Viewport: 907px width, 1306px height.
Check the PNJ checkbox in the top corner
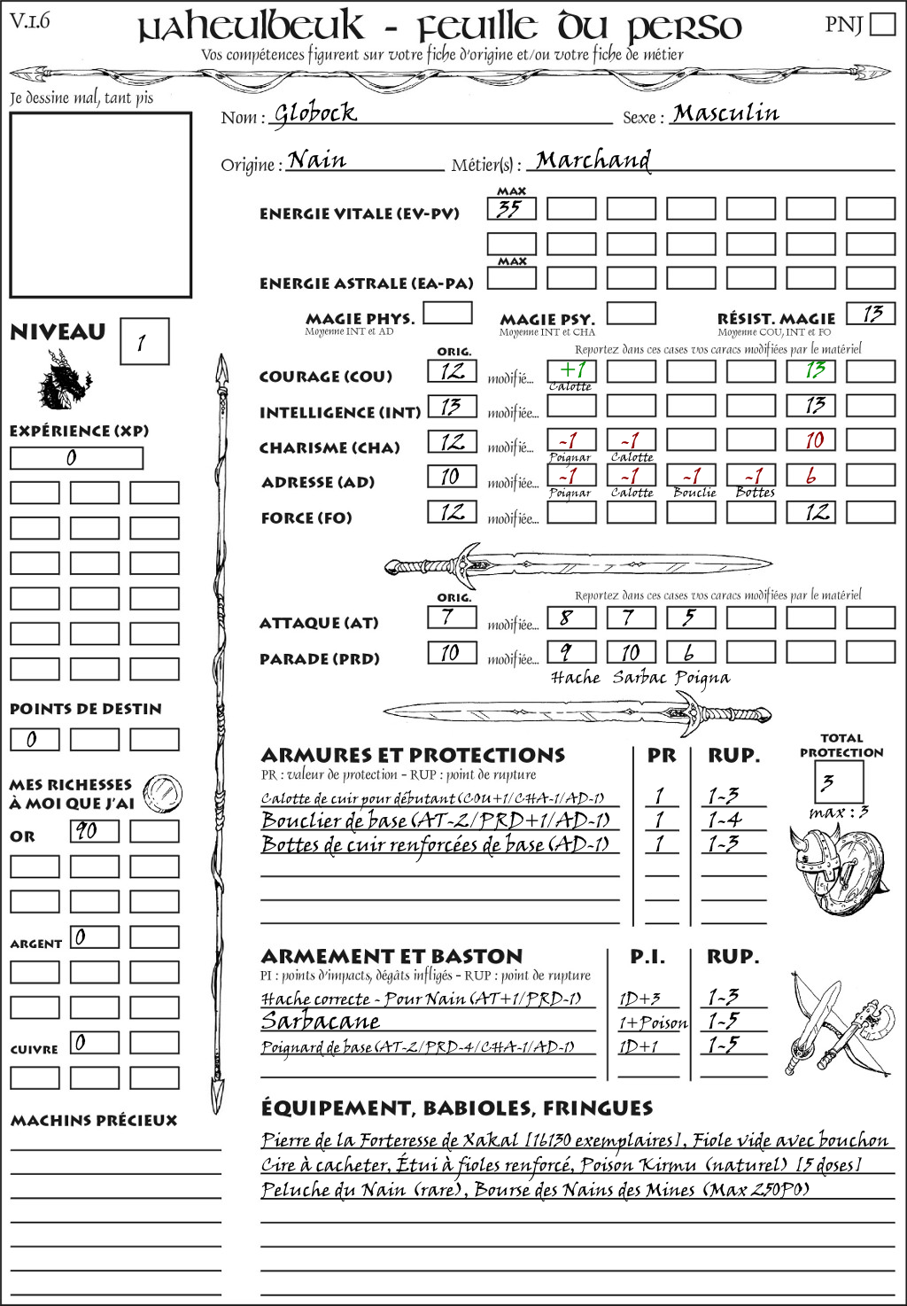pyautogui.click(x=882, y=24)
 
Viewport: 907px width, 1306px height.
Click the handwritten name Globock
pyautogui.click(x=314, y=113)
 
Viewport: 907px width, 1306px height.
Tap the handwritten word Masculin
pyautogui.click(x=725, y=113)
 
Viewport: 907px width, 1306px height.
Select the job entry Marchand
pyautogui.click(x=593, y=160)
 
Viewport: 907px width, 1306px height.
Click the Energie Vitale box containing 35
pyautogui.click(x=511, y=209)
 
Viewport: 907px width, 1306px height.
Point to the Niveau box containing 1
pyautogui.click(x=143, y=342)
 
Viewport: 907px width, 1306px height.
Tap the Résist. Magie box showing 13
pyautogui.click(x=871, y=314)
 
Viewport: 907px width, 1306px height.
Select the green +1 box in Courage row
pyautogui.click(x=571, y=370)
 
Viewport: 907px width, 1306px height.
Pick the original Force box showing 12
pyautogui.click(x=452, y=512)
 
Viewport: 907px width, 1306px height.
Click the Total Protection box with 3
pyautogui.click(x=838, y=781)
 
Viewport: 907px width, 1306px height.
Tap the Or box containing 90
pyautogui.click(x=95, y=831)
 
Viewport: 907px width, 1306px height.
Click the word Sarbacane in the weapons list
pyautogui.click(x=320, y=1022)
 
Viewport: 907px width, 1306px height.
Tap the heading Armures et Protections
pyautogui.click(x=413, y=756)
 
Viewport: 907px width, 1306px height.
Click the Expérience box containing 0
pyautogui.click(x=76, y=458)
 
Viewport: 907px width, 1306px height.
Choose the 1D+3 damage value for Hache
pyautogui.click(x=640, y=999)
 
